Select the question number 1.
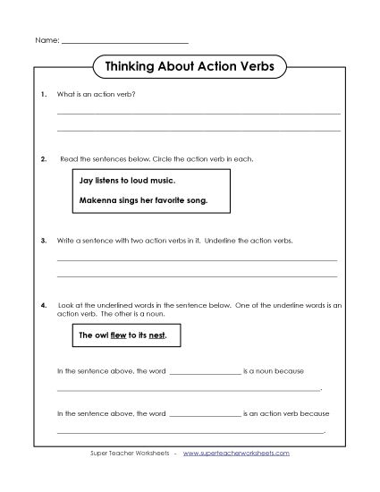pyautogui.click(x=44, y=94)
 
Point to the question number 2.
pyautogui.click(x=44, y=158)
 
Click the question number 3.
pyautogui.click(x=44, y=241)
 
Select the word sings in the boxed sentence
pyautogui.click(x=133, y=200)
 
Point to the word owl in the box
pyautogui.click(x=98, y=336)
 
